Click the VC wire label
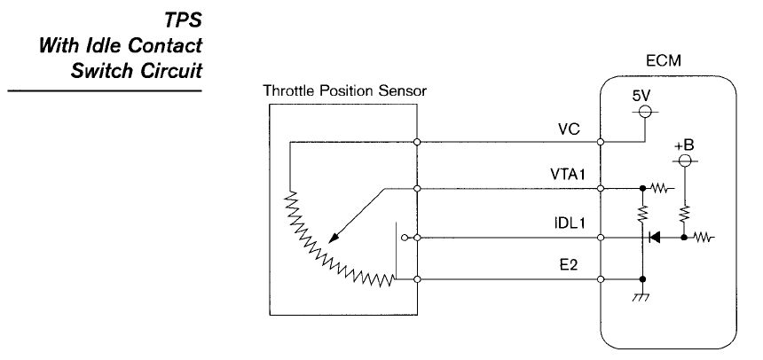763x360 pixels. point(569,129)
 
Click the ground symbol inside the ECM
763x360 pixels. point(641,298)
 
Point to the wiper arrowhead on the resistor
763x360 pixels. point(332,238)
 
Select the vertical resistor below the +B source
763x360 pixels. point(684,213)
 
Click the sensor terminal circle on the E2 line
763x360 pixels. point(416,280)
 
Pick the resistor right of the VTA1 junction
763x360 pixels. point(660,188)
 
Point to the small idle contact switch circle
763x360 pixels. point(404,238)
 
